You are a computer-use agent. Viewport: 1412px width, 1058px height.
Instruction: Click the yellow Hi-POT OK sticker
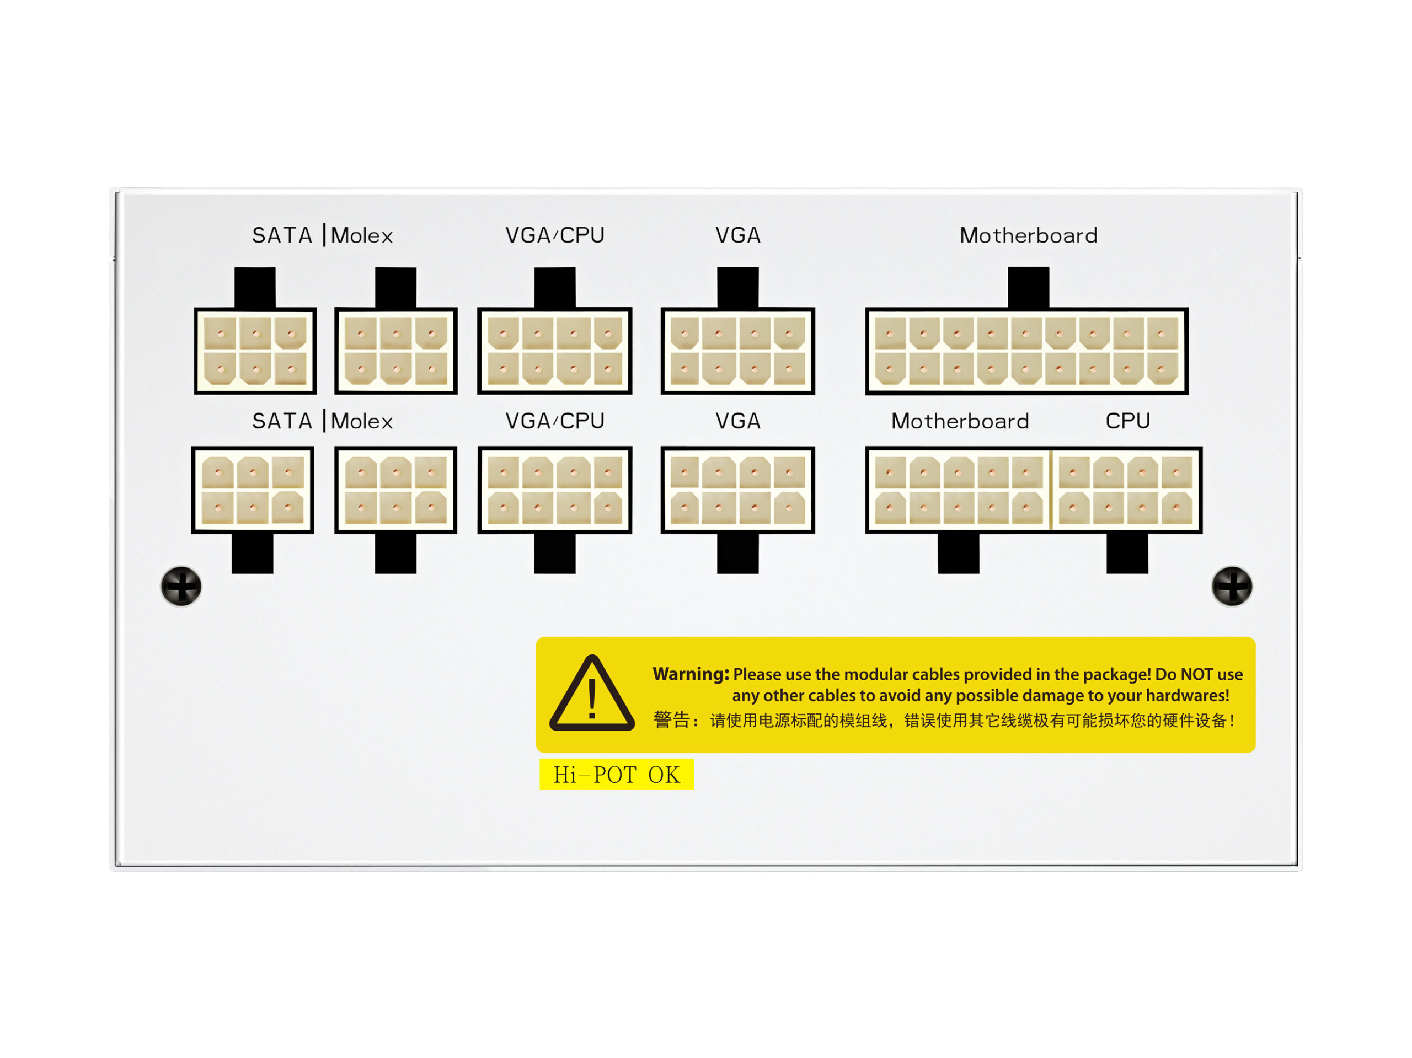pos(616,774)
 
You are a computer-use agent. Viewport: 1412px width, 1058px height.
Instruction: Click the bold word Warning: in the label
pos(691,674)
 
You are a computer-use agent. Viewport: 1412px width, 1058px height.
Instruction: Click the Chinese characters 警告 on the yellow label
pos(672,720)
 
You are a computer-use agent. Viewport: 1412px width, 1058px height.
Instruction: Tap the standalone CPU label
pos(1127,421)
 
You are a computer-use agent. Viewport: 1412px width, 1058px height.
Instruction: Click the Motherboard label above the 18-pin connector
pos(1028,235)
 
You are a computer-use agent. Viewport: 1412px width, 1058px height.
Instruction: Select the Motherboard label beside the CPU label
pos(960,421)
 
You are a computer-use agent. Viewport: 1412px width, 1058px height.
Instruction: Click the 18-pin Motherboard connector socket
pos(1026,351)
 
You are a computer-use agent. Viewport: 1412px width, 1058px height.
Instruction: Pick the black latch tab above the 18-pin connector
pos(1028,288)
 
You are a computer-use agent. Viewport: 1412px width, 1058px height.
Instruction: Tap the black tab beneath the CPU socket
pos(1127,552)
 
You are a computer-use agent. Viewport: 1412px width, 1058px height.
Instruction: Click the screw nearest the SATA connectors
pos(181,587)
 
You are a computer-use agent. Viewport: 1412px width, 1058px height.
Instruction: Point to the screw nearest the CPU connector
pos(1232,587)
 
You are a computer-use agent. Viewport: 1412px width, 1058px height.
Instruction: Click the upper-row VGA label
pos(738,235)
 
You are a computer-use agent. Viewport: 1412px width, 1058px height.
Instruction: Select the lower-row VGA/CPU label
pos(555,421)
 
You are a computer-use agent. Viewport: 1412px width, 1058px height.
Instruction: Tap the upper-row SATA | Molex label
pos(322,235)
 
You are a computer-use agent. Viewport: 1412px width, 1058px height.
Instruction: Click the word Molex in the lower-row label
pos(362,421)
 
